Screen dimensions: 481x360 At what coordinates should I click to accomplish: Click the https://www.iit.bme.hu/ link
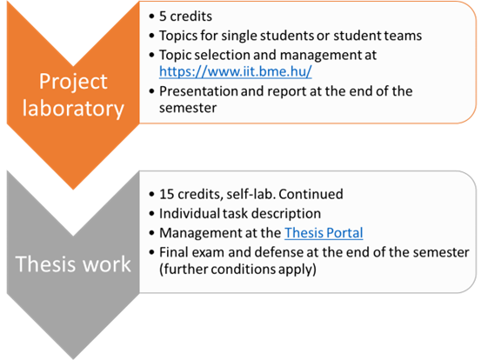[236, 71]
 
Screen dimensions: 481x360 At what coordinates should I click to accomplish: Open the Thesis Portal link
[324, 233]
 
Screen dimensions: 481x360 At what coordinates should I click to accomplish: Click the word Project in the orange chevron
[73, 83]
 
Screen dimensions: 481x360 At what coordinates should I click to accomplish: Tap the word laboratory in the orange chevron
[73, 109]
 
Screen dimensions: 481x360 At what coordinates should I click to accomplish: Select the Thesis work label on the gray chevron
[73, 264]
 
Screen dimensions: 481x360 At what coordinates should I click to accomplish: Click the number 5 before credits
[163, 17]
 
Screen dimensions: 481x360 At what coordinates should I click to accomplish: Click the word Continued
[311, 194]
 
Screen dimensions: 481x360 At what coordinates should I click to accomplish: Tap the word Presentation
[198, 91]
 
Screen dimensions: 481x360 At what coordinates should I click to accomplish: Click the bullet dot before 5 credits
[151, 17]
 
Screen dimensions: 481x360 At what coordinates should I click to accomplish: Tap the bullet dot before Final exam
[151, 253]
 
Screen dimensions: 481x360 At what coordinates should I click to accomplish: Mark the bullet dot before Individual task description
[151, 214]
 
